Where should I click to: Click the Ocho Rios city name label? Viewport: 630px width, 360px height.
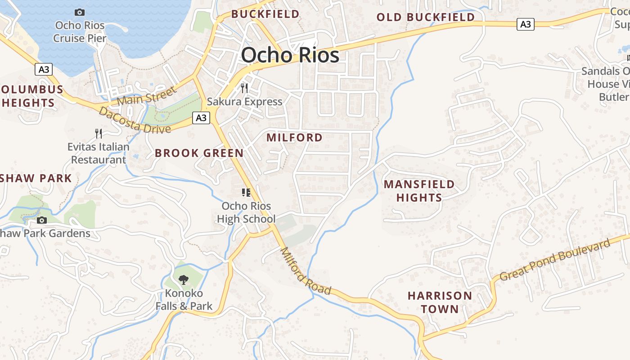point(290,55)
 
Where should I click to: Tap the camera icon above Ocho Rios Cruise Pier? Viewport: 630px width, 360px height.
point(80,12)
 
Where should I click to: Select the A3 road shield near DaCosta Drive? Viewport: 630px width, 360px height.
point(201,118)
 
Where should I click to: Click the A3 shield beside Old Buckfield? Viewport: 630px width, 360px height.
point(525,24)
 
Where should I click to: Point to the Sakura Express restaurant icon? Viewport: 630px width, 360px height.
point(244,88)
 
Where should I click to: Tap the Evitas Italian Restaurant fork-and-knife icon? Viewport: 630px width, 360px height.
point(99,133)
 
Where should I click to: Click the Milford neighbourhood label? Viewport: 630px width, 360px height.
point(295,138)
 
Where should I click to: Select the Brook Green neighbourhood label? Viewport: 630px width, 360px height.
point(199,153)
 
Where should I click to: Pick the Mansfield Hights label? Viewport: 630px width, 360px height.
point(419,191)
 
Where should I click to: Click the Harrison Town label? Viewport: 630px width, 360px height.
point(440,302)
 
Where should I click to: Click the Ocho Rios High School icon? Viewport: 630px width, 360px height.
point(246,193)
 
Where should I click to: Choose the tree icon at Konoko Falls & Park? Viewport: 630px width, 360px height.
point(183,280)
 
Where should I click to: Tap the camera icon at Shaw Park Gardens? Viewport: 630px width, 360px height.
point(42,220)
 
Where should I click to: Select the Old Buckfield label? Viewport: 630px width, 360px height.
point(425,18)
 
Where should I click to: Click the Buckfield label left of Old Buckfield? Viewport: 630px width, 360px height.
point(265,14)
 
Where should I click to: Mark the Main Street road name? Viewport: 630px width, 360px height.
point(147,96)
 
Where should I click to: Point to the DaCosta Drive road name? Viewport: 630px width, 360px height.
point(135,120)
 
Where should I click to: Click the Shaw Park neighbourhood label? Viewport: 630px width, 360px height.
point(36,178)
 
